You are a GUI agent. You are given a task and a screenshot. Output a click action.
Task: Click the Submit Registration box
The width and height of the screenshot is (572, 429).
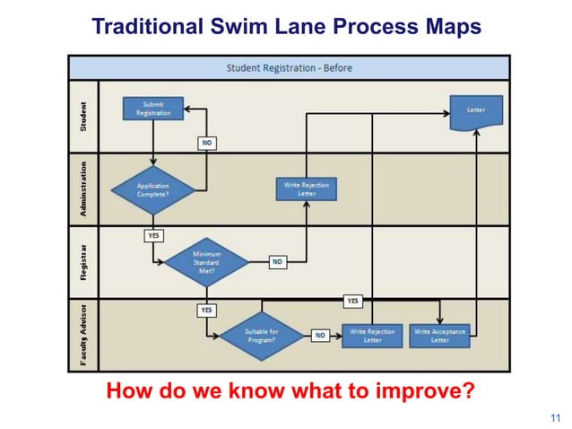(x=152, y=109)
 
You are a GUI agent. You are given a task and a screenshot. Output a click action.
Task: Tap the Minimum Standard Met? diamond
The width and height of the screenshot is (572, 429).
(x=206, y=261)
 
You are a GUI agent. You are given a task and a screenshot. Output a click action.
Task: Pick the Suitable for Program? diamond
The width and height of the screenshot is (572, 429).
(x=263, y=336)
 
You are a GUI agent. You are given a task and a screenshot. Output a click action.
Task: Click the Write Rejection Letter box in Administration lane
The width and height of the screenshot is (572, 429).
(x=307, y=189)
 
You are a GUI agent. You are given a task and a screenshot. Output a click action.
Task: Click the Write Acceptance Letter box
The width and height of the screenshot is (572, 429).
(x=439, y=336)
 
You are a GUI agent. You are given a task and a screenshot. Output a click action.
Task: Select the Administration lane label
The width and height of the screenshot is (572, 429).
(x=83, y=188)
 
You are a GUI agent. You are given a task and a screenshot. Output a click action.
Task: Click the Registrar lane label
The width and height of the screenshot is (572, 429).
(x=83, y=261)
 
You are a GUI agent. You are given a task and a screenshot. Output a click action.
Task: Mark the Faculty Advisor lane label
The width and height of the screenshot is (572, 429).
(x=83, y=335)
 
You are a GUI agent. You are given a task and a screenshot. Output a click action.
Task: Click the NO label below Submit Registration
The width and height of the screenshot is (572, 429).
(x=208, y=142)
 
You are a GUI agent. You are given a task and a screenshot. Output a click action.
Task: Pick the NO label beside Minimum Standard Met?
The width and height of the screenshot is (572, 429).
(x=277, y=262)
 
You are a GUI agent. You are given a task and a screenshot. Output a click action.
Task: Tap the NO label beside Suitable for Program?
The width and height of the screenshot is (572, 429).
(x=320, y=336)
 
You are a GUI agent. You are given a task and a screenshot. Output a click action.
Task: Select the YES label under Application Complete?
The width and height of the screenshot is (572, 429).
(x=153, y=235)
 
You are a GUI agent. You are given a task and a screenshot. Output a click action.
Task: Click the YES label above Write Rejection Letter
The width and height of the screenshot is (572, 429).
(x=353, y=301)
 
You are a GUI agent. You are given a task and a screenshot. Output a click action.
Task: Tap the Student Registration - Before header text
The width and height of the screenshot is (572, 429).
(x=290, y=67)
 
